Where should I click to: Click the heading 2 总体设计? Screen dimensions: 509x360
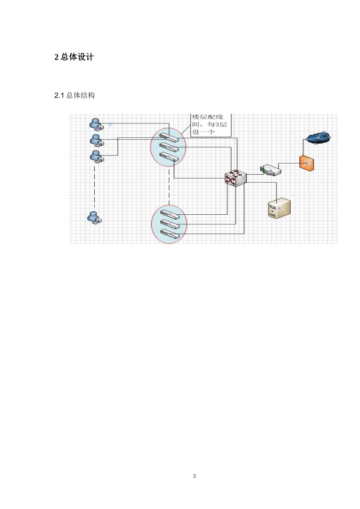tap(74, 57)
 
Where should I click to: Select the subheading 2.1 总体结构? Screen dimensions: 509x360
tap(75, 95)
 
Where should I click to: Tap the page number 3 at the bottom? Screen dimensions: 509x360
tap(194, 476)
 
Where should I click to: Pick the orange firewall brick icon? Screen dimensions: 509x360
tap(307, 163)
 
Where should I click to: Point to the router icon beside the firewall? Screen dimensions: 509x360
tap(271, 170)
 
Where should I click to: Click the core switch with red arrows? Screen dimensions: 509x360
tap(235, 178)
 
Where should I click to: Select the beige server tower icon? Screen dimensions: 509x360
tap(279, 209)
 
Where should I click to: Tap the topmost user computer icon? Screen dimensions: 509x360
tap(96, 124)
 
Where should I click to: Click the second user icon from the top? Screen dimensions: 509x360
tap(96, 141)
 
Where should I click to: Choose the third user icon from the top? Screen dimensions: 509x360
tap(96, 156)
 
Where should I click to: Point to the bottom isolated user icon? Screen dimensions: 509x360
tap(95, 218)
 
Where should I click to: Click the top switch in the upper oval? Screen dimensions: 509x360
tap(169, 137)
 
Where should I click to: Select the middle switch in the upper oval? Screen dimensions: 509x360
tap(169, 147)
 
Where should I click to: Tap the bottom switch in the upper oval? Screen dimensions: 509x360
tap(169, 156)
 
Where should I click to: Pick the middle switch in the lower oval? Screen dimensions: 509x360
tap(169, 225)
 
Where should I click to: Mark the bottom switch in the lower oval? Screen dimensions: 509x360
tap(169, 234)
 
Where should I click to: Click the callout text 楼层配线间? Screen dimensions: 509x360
tap(208, 117)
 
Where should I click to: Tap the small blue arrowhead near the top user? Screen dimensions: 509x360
tap(110, 125)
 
